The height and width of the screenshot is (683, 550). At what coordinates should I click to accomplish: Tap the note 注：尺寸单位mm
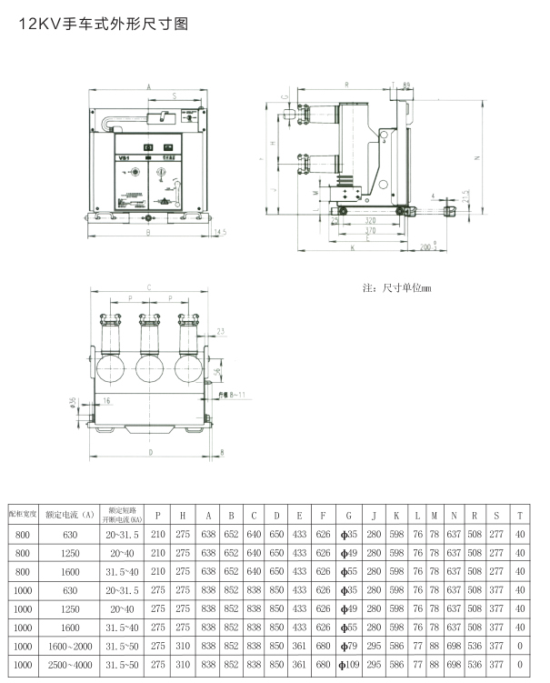point(396,287)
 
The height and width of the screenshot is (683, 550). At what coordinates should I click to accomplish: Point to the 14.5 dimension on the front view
point(219,233)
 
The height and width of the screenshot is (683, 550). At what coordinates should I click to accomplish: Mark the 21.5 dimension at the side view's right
point(465,196)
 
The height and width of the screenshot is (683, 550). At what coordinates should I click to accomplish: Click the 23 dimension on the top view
point(221,331)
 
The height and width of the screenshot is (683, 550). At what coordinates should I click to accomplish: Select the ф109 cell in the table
point(348,665)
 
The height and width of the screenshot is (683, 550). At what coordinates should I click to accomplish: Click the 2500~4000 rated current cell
point(70,665)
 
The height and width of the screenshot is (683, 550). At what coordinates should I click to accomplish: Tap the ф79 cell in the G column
point(348,646)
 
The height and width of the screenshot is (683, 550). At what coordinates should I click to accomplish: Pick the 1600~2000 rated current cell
point(70,646)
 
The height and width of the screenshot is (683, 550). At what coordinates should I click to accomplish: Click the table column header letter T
point(519,515)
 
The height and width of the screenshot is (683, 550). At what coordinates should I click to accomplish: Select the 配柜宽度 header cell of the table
point(22,515)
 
